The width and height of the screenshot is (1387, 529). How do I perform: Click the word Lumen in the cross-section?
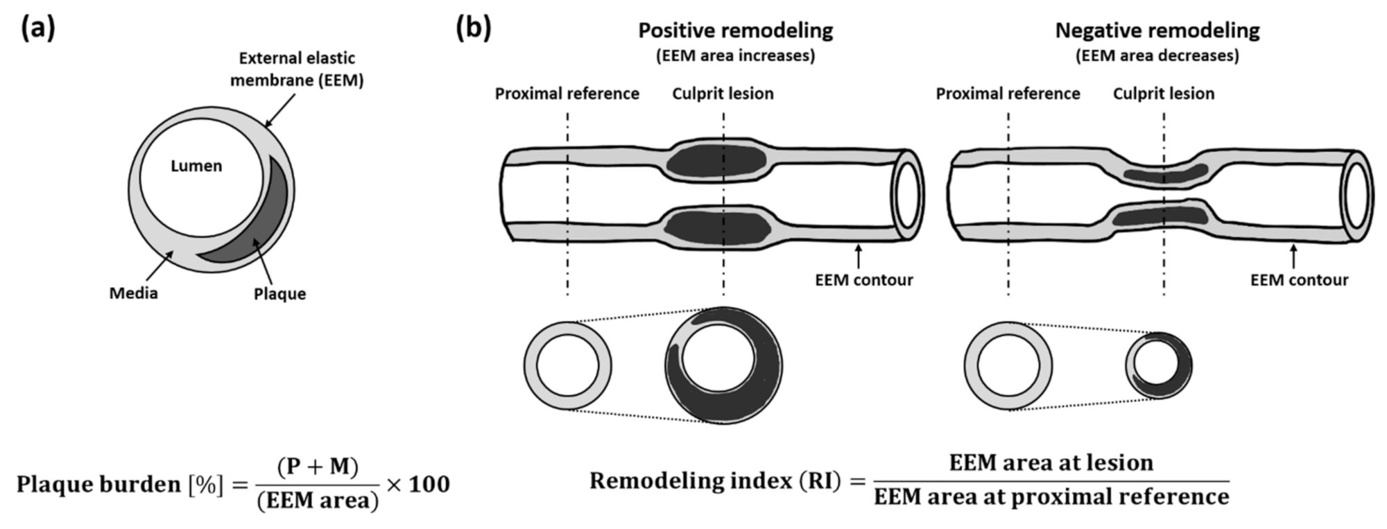point(196,166)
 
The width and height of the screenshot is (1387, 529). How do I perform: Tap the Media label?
point(133,293)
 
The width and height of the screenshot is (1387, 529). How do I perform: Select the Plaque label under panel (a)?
point(279,294)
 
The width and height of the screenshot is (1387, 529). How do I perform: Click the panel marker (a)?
point(37,28)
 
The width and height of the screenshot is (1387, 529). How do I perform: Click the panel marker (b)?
point(473,28)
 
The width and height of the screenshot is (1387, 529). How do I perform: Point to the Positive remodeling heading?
point(735,31)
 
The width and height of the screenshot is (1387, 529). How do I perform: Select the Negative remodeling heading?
point(1157,31)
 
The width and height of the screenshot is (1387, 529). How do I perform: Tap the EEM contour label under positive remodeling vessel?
point(863,280)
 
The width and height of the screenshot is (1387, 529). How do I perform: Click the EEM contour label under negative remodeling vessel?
point(1299,280)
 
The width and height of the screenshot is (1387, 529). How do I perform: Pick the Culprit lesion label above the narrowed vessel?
point(1163,94)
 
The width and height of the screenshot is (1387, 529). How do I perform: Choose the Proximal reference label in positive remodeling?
point(567,94)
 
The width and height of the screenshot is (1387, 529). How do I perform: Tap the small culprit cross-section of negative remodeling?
point(1158,365)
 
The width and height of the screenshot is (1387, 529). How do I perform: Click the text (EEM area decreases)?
point(1157,55)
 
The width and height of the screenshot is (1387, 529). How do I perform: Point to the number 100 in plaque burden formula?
point(429,484)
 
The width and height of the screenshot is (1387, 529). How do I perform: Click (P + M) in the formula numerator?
point(318,467)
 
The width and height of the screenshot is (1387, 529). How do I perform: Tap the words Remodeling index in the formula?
point(690,480)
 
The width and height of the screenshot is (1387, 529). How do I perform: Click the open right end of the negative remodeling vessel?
point(1356,196)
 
